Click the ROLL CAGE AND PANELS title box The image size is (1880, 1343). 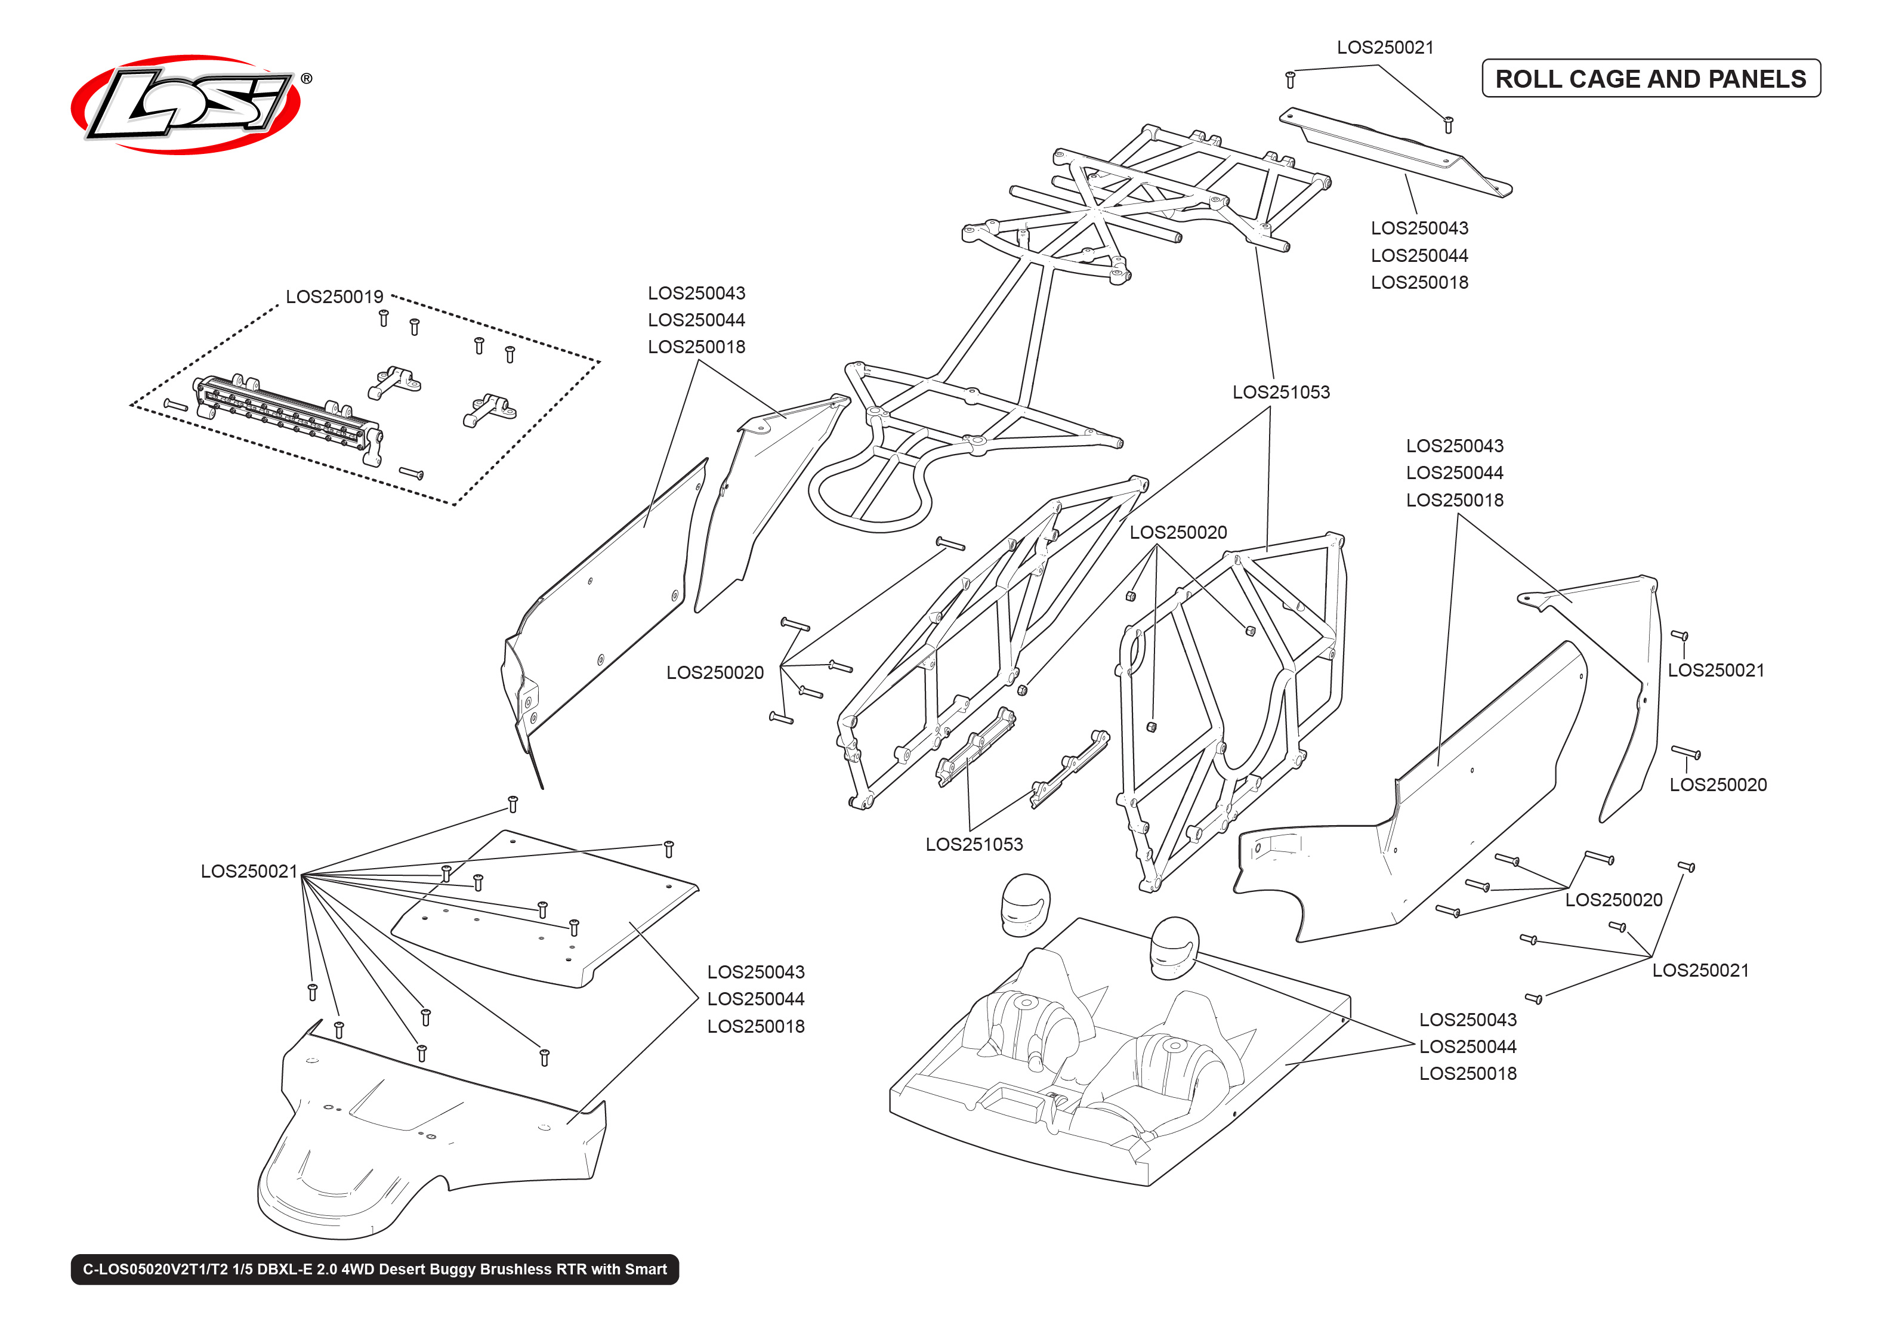pyautogui.click(x=1650, y=79)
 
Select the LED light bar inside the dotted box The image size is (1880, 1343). pyautogui.click(x=286, y=418)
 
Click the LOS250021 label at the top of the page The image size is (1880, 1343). pyautogui.click(x=1385, y=48)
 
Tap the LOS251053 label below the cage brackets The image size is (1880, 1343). pyautogui.click(x=974, y=844)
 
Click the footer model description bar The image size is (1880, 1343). pyautogui.click(x=375, y=1270)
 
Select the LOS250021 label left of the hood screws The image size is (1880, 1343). pyautogui.click(x=248, y=871)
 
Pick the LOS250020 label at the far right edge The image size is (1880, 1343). pyautogui.click(x=1717, y=785)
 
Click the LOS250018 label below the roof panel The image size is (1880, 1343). pyautogui.click(x=1419, y=283)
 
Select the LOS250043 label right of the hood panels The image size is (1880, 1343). pyautogui.click(x=755, y=972)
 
